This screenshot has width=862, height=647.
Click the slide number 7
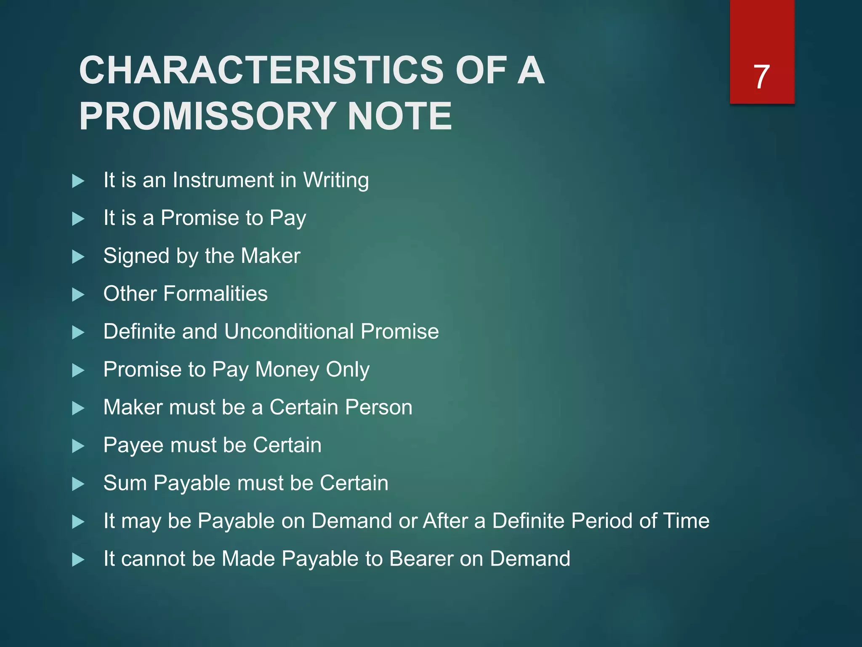click(761, 77)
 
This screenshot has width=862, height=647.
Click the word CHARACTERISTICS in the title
click(261, 70)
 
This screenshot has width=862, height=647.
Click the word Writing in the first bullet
click(336, 181)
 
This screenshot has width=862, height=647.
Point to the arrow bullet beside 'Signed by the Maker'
click(78, 257)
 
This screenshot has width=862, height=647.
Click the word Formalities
click(215, 294)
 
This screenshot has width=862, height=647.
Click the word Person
click(378, 407)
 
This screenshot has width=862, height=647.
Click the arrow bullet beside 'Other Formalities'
click(78, 294)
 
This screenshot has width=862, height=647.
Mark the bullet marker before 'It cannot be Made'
click(78, 560)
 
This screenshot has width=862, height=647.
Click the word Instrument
click(223, 180)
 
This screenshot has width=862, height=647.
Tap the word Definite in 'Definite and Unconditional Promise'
click(139, 332)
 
